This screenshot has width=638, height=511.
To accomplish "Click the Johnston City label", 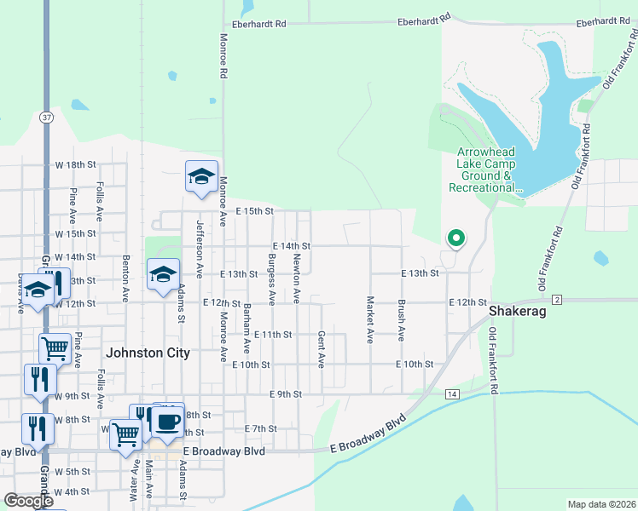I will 147,352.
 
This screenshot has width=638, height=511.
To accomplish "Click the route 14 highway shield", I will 451,394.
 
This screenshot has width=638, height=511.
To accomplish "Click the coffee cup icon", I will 167,421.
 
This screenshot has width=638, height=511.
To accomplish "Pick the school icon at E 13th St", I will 163,274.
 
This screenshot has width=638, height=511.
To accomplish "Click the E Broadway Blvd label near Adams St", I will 224,451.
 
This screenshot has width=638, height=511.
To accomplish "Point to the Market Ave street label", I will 370,319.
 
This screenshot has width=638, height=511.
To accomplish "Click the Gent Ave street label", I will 322,349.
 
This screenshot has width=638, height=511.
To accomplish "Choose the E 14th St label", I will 290,245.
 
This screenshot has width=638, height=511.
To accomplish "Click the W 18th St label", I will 76,164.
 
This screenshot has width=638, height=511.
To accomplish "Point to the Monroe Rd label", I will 223,56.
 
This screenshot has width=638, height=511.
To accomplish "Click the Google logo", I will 28,501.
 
